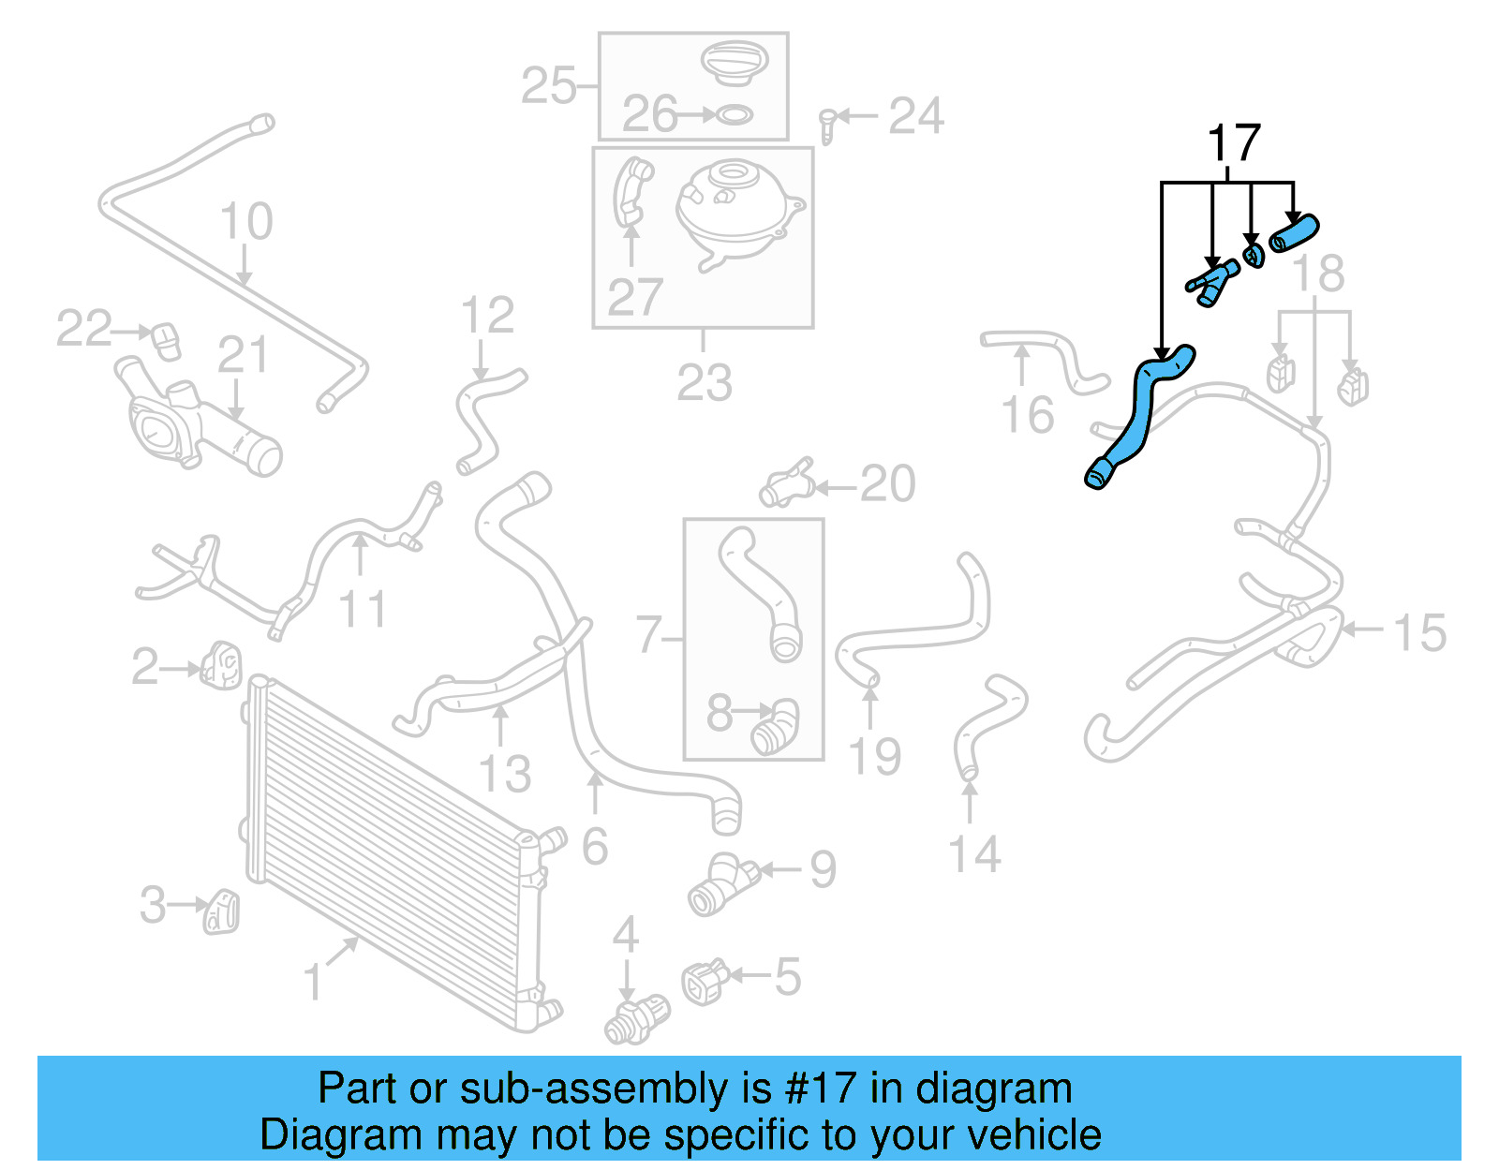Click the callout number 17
coord(1233,144)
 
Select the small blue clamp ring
coord(1253,255)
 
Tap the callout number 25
coord(548,86)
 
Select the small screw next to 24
coord(826,126)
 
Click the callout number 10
coord(245,222)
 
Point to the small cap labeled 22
coord(166,340)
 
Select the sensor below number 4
coord(637,1020)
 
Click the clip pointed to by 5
coord(705,982)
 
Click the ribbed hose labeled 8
coord(775,728)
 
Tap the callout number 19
coord(874,757)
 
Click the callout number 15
coord(1419,633)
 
